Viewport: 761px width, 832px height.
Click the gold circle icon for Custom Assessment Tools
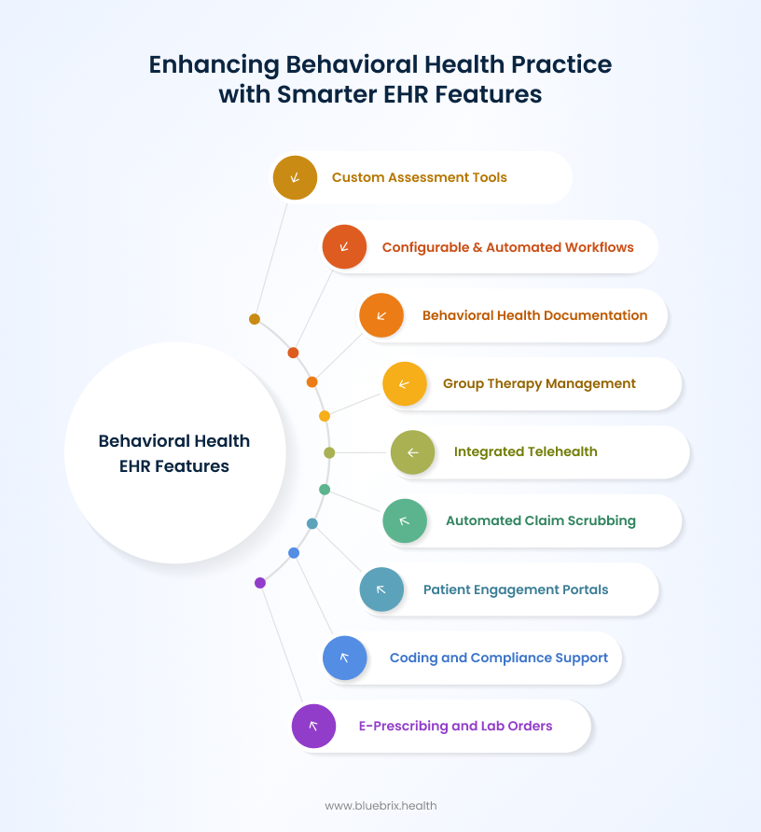tap(295, 177)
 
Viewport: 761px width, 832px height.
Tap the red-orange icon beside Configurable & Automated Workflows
tap(344, 247)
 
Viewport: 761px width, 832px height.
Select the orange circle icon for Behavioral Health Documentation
tap(381, 315)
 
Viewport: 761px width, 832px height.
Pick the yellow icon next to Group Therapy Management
tap(405, 383)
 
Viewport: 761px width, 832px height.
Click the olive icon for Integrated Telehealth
tap(412, 452)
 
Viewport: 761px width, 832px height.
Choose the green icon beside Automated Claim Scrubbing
tap(405, 520)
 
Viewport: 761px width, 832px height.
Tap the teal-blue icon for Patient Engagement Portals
tap(381, 589)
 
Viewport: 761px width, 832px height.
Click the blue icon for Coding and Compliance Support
tap(344, 658)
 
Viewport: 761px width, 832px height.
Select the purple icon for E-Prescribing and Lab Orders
tap(313, 726)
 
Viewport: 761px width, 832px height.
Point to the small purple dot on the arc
tap(260, 583)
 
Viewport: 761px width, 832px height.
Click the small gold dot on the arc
tap(255, 319)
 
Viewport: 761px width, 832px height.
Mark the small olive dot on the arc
tap(329, 452)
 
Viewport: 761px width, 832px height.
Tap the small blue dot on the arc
tap(294, 553)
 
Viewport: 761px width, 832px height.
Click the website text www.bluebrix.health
tap(380, 805)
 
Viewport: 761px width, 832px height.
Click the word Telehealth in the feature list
tap(562, 451)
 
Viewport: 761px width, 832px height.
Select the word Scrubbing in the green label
tap(602, 520)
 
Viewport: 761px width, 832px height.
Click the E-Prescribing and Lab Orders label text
tap(455, 726)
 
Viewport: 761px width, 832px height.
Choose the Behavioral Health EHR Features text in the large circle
tap(174, 453)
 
